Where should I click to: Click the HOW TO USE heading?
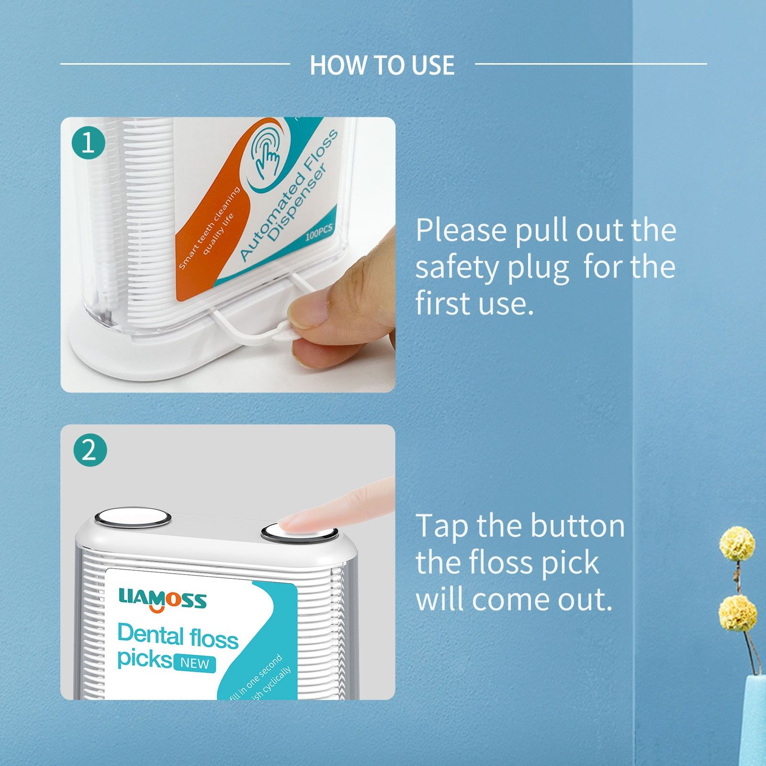382,65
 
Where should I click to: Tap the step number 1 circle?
89,143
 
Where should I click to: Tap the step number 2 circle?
90,450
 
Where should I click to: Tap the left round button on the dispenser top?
133,518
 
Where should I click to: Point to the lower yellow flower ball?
737,615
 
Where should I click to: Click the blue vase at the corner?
755,718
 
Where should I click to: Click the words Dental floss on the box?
178,637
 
